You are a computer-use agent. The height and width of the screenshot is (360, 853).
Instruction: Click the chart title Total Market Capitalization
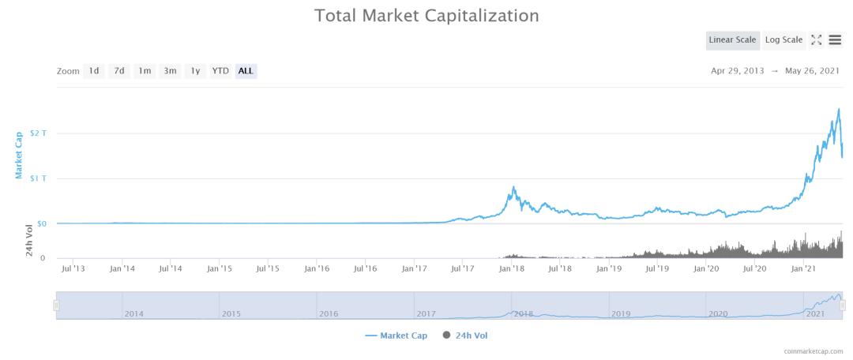426,16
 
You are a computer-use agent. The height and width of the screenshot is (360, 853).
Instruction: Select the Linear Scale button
733,40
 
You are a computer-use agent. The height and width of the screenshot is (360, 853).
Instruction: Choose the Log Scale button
783,40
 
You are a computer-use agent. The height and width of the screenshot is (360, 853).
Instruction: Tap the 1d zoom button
94,71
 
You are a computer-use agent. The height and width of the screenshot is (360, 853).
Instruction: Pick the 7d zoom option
119,71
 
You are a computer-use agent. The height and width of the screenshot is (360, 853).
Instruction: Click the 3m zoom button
170,71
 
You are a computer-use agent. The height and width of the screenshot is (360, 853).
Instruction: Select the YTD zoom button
220,71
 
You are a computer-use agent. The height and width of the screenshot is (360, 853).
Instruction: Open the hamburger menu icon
835,40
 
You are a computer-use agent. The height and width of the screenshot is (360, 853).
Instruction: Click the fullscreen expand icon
817,40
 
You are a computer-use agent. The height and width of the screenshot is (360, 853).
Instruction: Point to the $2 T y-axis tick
38,133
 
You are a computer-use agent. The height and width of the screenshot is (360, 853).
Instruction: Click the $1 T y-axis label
38,178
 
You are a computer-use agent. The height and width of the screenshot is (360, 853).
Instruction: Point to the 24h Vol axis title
29,241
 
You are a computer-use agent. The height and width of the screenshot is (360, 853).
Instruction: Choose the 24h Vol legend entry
465,336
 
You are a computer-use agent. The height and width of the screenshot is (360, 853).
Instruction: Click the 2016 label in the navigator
328,314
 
